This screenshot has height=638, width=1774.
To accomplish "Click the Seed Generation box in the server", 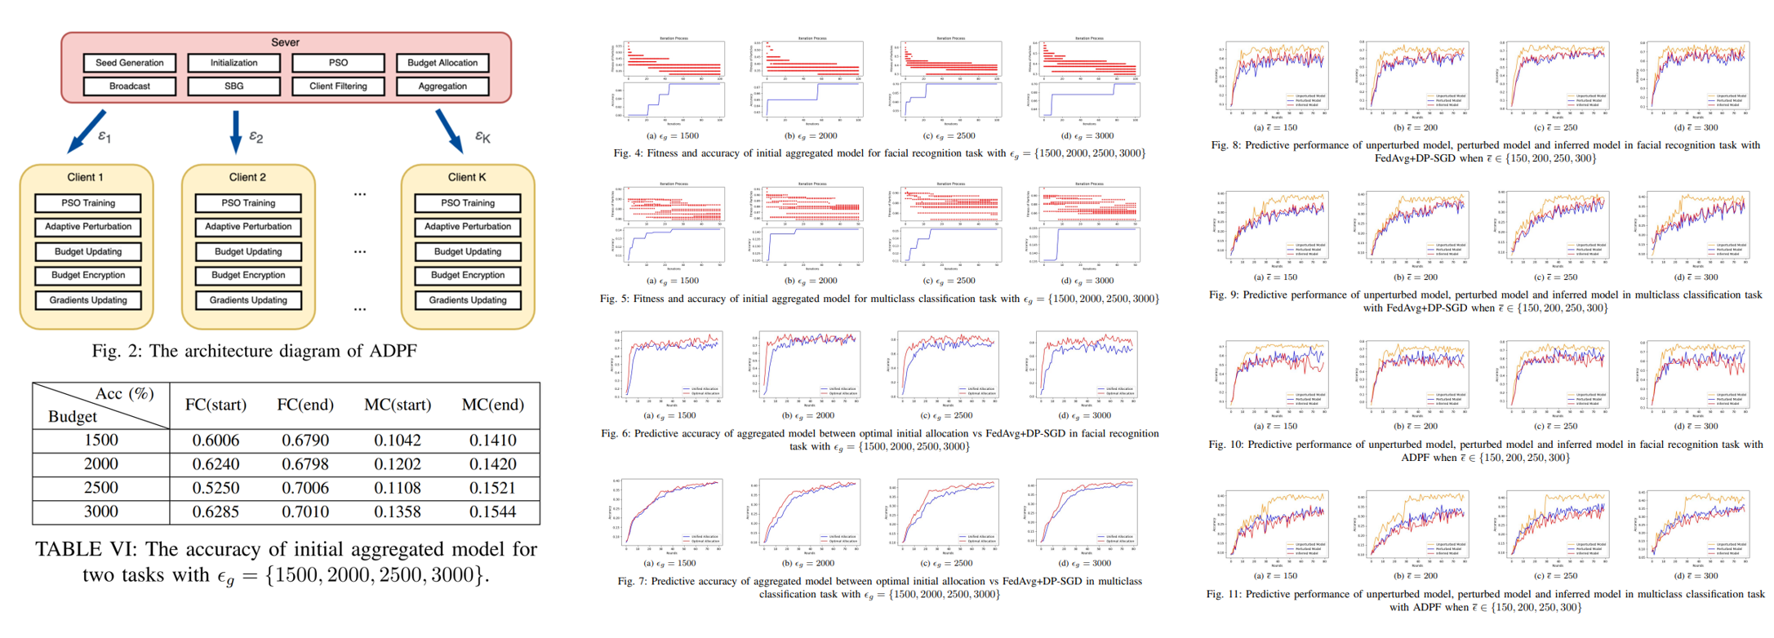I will [129, 63].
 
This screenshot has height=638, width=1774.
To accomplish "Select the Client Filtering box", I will [338, 86].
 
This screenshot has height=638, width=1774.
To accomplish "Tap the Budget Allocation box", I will [442, 63].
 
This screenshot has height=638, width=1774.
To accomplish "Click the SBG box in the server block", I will [233, 86].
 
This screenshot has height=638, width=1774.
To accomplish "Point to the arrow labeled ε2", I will [236, 131].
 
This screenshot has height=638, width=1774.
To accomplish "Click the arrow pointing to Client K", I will [449, 131].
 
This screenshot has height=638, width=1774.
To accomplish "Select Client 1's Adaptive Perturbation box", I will [88, 227].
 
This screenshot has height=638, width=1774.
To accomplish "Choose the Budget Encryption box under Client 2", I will [248, 276].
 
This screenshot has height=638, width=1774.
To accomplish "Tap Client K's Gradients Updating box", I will [467, 300].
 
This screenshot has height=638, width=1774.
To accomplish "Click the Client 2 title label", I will [247, 177].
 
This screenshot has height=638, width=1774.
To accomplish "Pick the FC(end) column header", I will [305, 405].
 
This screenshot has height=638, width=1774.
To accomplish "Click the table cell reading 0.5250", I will [216, 488].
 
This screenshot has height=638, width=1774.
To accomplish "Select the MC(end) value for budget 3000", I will [492, 512].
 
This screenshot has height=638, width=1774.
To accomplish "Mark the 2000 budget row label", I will [101, 464].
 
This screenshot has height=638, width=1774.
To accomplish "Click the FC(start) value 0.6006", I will [216, 441].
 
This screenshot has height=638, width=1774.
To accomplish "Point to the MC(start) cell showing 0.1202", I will [398, 464].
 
